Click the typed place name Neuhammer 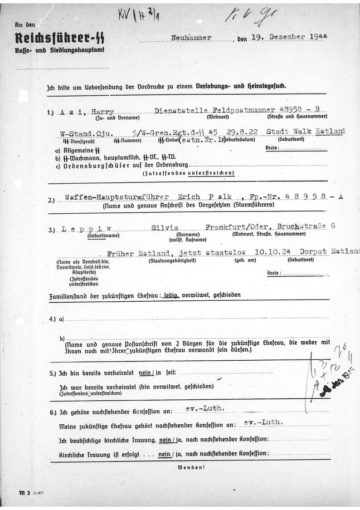pos(191,38)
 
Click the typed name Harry pos(103,112)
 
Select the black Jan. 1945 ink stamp pos(338,383)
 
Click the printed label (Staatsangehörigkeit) pos(165,261)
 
